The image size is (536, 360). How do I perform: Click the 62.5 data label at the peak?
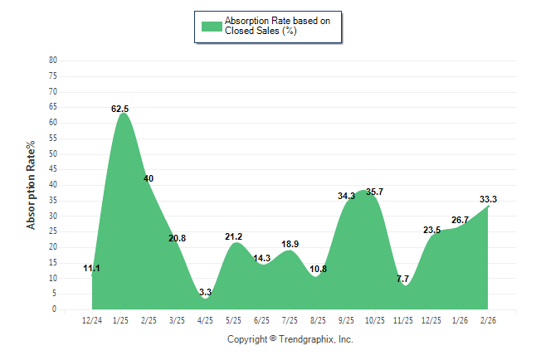120,109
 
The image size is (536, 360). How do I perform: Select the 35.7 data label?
374,192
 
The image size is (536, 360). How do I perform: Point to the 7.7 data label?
403,279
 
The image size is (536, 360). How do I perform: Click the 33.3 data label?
488,199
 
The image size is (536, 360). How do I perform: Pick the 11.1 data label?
92,268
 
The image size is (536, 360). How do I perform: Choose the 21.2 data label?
233,237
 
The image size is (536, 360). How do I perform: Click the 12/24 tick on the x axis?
92,319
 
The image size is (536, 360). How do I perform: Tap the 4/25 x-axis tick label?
205,319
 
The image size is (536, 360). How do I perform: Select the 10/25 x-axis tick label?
374,319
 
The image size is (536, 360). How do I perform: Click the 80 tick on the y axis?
53,61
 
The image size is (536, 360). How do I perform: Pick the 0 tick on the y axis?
55,309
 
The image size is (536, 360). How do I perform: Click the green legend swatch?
212,26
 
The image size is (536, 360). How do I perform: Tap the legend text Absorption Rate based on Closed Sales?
271,26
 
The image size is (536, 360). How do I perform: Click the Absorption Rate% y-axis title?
32,185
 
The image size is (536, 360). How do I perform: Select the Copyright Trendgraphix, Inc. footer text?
290,339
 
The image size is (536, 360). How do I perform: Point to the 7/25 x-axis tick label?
290,319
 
